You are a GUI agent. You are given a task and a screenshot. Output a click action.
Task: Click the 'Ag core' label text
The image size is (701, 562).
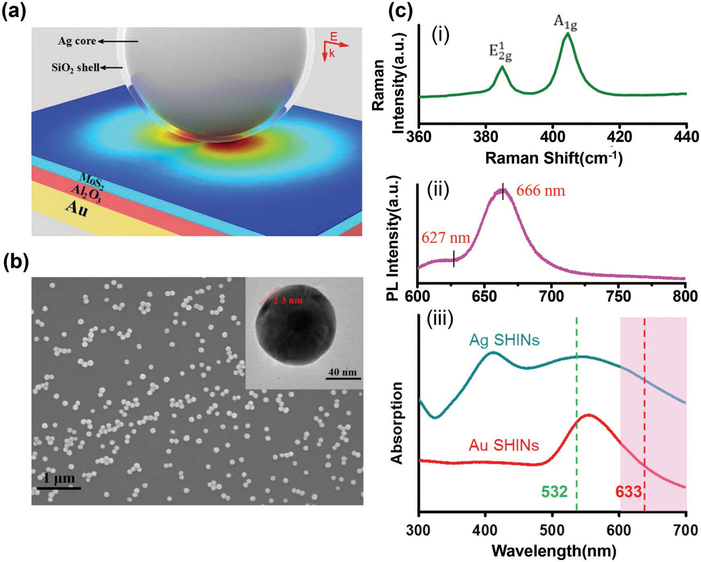point(77,41)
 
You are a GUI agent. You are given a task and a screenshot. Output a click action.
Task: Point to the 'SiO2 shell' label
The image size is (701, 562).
point(76,67)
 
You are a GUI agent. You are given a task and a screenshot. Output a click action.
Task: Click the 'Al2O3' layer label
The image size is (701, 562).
point(86,194)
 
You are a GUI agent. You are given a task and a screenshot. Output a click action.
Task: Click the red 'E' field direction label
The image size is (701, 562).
point(334,37)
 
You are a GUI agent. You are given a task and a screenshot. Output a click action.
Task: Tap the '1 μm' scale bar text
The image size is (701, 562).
point(59,479)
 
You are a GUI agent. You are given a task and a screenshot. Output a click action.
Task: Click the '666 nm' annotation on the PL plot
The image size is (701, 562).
point(540,190)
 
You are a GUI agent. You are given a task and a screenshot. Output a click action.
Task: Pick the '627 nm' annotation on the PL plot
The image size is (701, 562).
point(446,238)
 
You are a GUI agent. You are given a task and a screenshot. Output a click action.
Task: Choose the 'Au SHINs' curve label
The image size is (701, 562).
point(504,446)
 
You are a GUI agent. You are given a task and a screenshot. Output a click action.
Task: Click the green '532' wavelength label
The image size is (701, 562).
point(555,492)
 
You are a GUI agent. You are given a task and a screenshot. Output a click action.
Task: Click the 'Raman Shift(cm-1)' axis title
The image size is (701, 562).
point(553,158)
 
